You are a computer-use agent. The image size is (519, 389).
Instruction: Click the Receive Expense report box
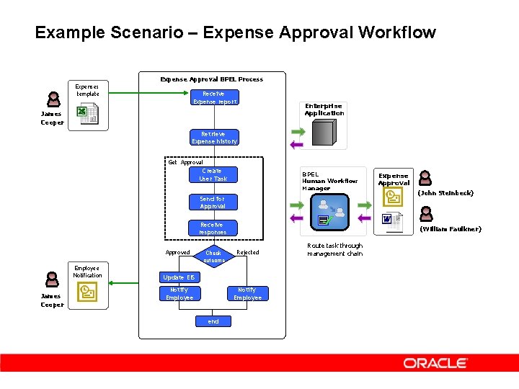click(x=214, y=97)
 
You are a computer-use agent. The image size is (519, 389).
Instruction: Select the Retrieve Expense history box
click(x=214, y=138)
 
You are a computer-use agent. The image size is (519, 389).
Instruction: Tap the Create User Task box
click(x=213, y=175)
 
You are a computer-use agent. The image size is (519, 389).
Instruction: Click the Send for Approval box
click(x=213, y=202)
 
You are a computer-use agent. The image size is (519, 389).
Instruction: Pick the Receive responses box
click(x=213, y=228)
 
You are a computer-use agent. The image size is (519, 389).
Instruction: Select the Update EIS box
click(x=179, y=277)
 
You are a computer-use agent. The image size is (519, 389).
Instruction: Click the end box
click(x=213, y=321)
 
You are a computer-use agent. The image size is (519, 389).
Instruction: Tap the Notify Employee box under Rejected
click(x=248, y=294)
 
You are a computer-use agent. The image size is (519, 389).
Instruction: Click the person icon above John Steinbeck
click(x=425, y=178)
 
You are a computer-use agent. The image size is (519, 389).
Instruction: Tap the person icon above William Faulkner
click(x=426, y=214)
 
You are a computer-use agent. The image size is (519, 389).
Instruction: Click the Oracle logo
click(x=435, y=363)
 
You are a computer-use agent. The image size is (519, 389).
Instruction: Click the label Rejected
click(x=248, y=252)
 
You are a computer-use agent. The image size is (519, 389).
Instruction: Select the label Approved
click(x=177, y=252)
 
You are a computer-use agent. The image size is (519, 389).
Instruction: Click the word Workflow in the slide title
click(x=399, y=32)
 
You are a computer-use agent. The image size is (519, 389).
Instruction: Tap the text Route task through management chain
click(x=334, y=249)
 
